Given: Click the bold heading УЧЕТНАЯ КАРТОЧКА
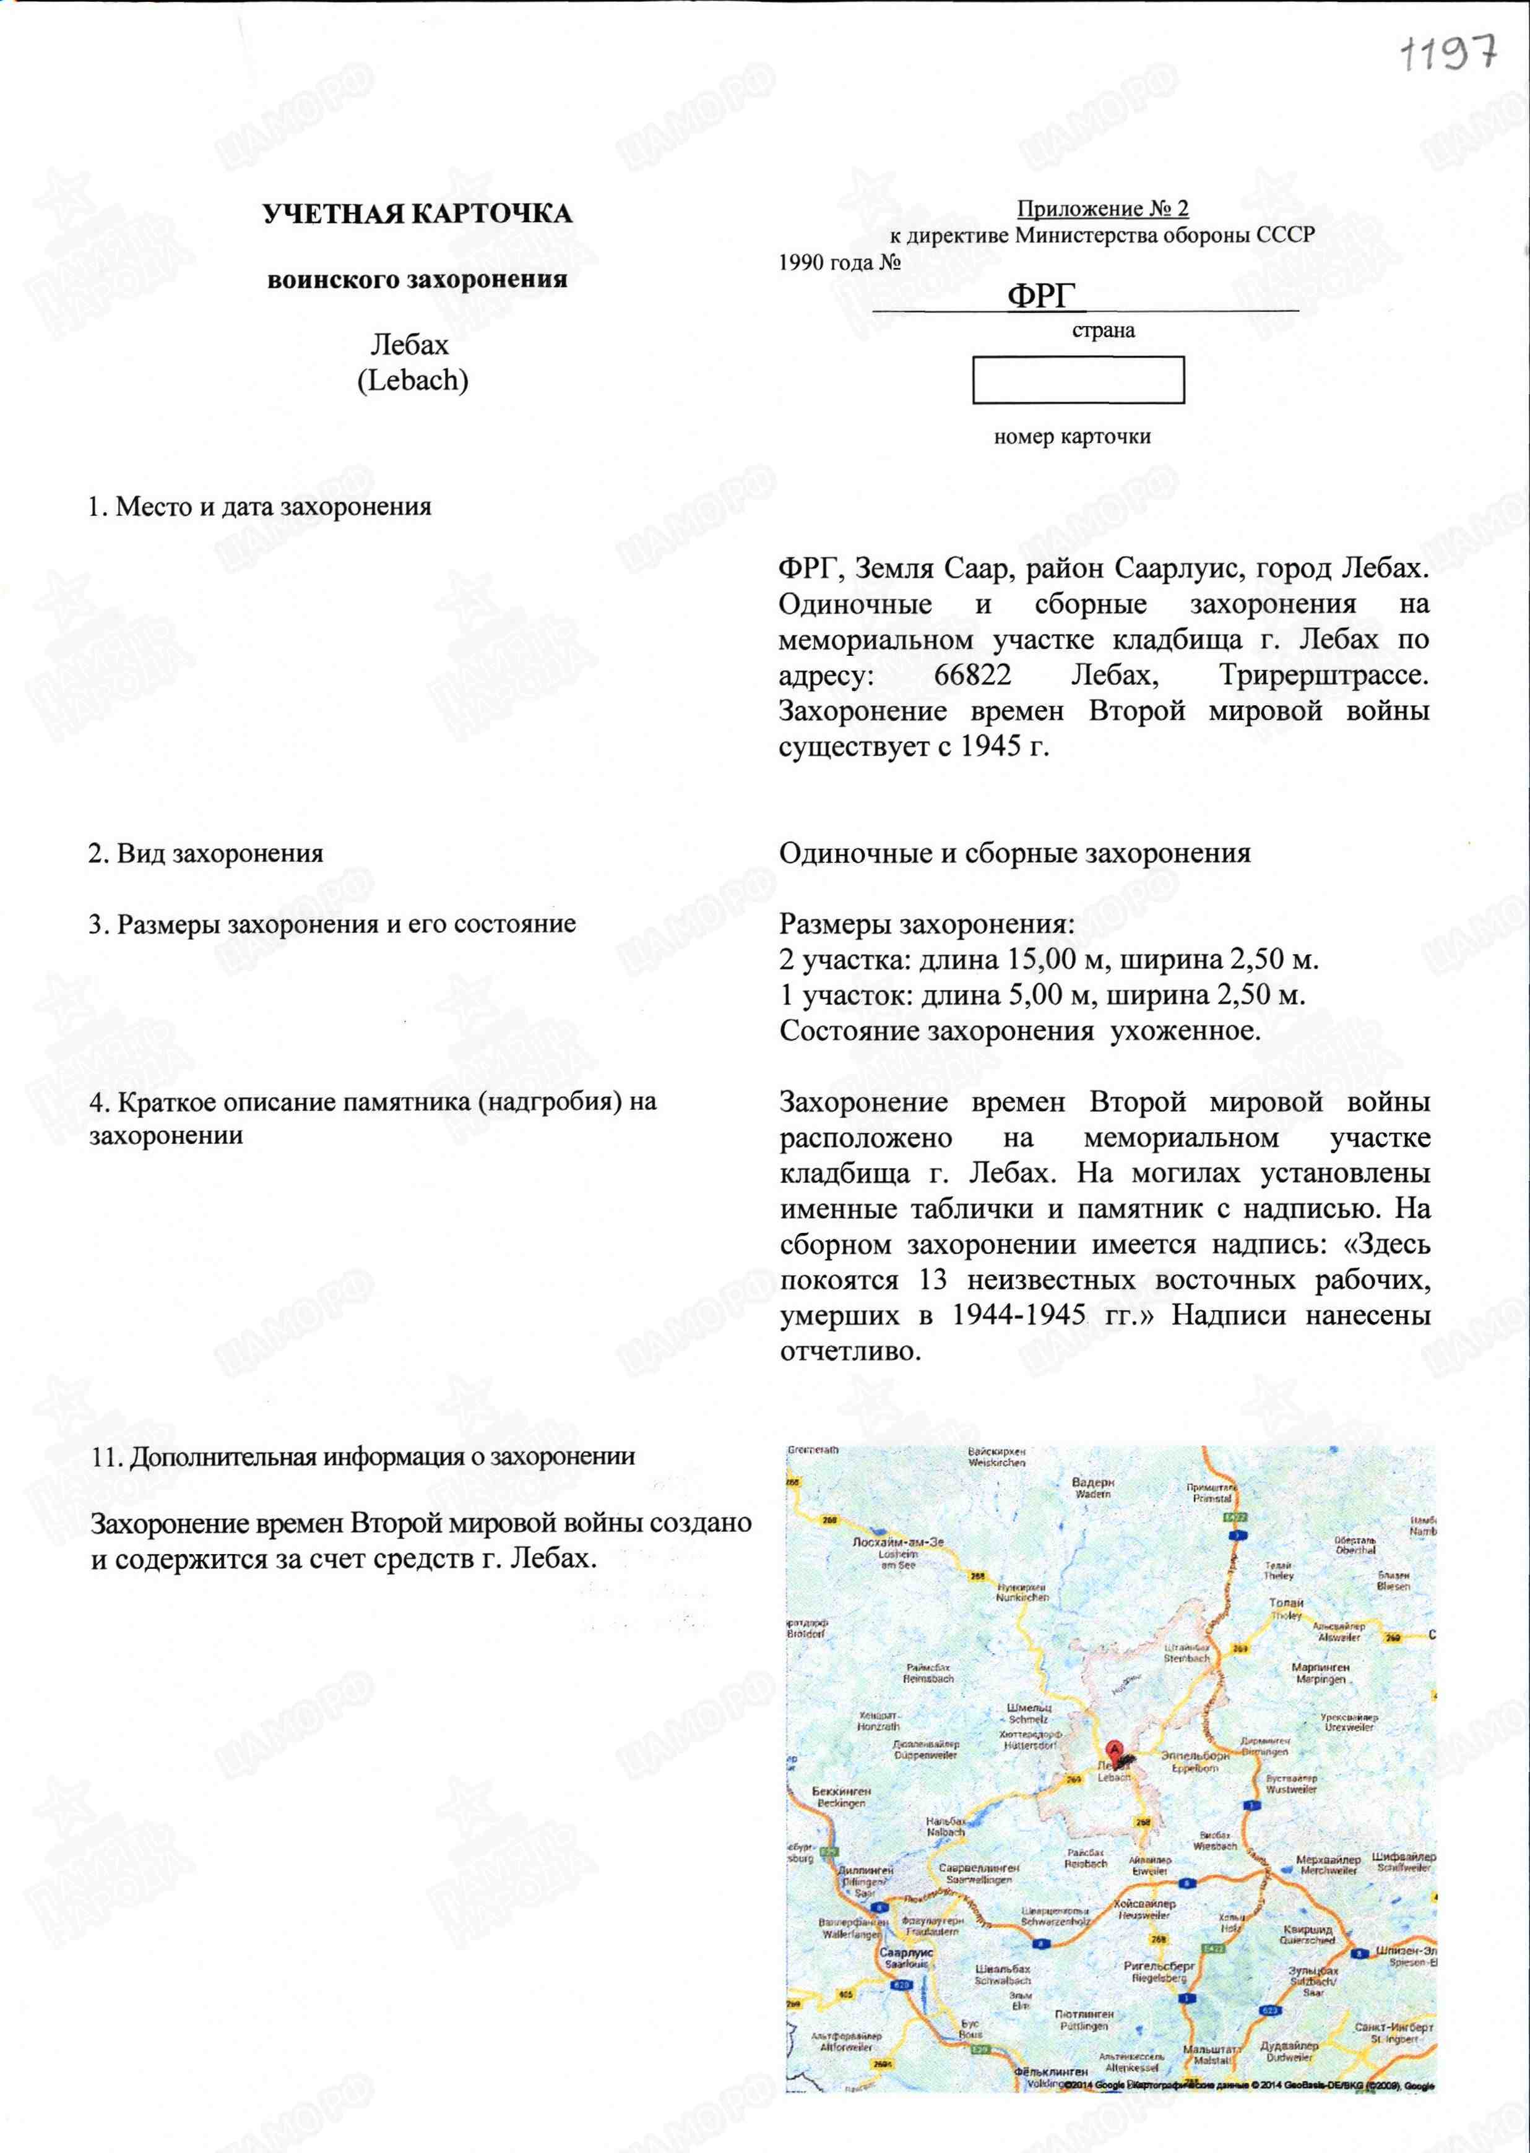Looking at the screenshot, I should pyautogui.click(x=417, y=214).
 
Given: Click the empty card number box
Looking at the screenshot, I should pyautogui.click(x=1078, y=380).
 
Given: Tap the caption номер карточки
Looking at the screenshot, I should pyautogui.click(x=1072, y=437).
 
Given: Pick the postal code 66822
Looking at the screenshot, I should pyautogui.click(x=972, y=674).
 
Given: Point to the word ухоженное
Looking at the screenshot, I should pyautogui.click(x=1185, y=1030).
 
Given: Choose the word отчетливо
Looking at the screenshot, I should pyautogui.click(x=849, y=1352).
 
